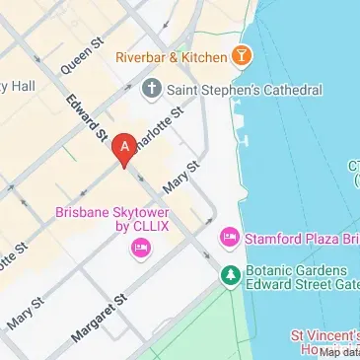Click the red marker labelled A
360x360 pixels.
123,149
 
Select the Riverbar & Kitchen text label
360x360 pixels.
170,56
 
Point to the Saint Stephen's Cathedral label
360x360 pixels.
244,90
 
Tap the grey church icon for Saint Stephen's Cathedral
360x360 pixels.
151,90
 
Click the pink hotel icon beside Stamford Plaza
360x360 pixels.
229,238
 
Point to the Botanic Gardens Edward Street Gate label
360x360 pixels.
296,278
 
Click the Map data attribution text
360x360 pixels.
338,353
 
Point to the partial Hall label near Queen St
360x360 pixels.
20,87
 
